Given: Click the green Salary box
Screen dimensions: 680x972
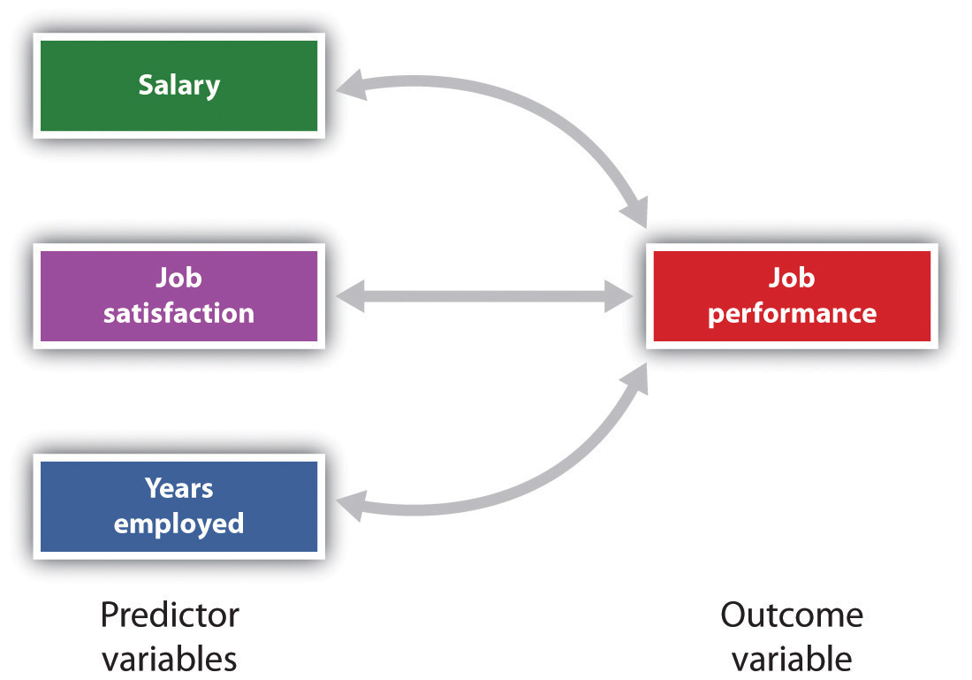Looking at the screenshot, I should tap(178, 86).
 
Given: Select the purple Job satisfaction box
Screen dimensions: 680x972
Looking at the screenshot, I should tap(178, 295).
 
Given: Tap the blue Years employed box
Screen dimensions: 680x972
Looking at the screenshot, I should tap(178, 505).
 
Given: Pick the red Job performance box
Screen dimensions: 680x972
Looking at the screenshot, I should tap(791, 295).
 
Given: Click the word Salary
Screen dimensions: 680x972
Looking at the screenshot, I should tap(178, 86).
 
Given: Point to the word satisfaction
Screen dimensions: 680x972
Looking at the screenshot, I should tap(178, 313).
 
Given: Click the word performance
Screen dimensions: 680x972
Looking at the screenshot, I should tap(792, 313).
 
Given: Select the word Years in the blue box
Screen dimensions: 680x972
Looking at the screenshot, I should tap(178, 487).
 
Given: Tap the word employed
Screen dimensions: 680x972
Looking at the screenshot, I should tap(178, 523).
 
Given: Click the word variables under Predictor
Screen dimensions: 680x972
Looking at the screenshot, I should tap(170, 658).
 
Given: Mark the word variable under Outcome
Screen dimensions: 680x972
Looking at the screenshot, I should tap(791, 658).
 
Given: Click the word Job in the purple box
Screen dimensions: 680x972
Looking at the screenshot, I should tap(178, 278).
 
